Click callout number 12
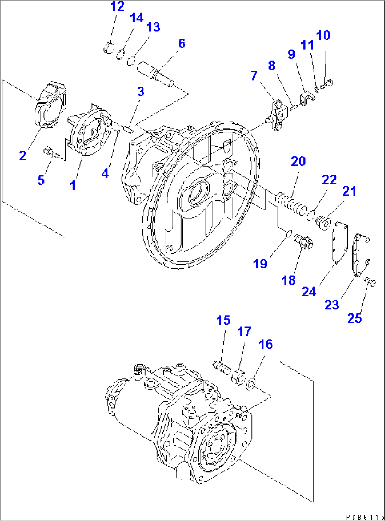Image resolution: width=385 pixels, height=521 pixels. [x=117, y=6]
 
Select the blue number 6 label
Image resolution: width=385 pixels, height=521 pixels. [x=182, y=44]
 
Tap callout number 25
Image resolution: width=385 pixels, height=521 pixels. [x=354, y=318]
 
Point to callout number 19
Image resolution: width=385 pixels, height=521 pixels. [x=260, y=264]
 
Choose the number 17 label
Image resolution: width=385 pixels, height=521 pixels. [x=244, y=331]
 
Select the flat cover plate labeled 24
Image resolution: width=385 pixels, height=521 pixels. [x=338, y=242]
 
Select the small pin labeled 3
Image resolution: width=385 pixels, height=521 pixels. [x=128, y=129]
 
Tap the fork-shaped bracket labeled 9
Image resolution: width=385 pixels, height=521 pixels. [x=306, y=99]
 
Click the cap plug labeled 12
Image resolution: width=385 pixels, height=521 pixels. [x=109, y=47]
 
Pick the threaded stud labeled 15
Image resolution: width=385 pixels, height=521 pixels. [x=222, y=367]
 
